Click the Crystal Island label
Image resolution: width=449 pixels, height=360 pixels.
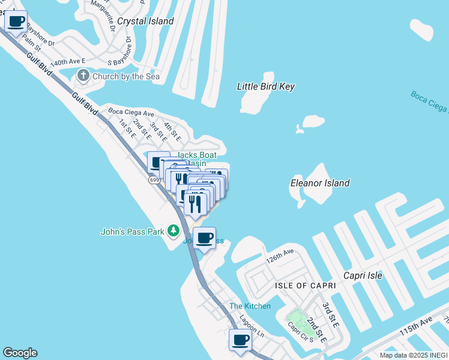point(145,21)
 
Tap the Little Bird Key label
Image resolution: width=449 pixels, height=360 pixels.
point(265,86)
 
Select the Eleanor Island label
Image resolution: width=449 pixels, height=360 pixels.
point(319,182)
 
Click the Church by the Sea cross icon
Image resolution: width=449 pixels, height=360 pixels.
point(83,76)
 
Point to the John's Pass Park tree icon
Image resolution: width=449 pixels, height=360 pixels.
point(173,230)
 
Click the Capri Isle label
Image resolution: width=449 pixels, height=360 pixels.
point(362,275)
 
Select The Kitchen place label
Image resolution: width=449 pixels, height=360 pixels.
point(250,306)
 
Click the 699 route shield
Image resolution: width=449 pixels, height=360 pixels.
point(154,179)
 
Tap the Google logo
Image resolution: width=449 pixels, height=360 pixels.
point(20,353)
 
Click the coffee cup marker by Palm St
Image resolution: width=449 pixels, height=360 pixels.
point(16,22)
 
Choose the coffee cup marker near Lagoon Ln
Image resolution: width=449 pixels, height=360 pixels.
point(241,340)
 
